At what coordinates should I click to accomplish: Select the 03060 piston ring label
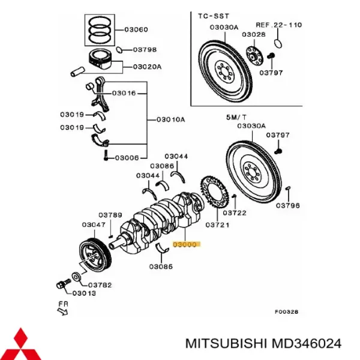coord(136,29)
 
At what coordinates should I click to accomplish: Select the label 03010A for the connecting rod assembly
coord(170,119)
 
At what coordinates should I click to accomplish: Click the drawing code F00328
coord(286,311)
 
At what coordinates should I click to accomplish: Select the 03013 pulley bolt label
coord(84,293)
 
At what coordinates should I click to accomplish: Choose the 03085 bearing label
coord(162,266)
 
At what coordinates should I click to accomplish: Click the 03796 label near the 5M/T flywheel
coord(287,205)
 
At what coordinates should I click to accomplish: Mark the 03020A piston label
coord(147,67)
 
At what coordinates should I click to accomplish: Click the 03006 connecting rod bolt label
coord(127,157)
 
